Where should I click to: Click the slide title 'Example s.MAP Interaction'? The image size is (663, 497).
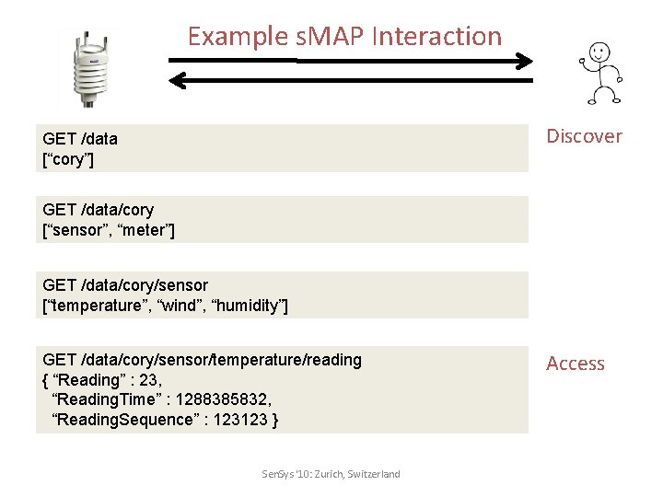tap(344, 37)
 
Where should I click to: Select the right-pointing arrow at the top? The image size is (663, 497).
tap(350, 62)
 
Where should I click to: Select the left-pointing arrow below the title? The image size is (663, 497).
tap(350, 82)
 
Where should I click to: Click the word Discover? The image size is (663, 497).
tap(584, 136)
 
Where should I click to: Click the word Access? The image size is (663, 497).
tap(576, 364)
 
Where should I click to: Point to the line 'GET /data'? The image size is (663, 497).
tap(80, 139)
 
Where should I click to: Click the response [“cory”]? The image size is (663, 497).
tap(68, 159)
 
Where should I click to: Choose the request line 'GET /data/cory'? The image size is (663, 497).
tap(99, 210)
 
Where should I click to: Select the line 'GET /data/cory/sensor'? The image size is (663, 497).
tap(125, 285)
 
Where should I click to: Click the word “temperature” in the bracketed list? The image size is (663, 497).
tap(90, 306)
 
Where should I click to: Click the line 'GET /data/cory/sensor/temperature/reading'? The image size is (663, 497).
tap(202, 359)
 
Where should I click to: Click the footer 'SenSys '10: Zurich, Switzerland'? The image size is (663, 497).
tap(331, 474)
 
